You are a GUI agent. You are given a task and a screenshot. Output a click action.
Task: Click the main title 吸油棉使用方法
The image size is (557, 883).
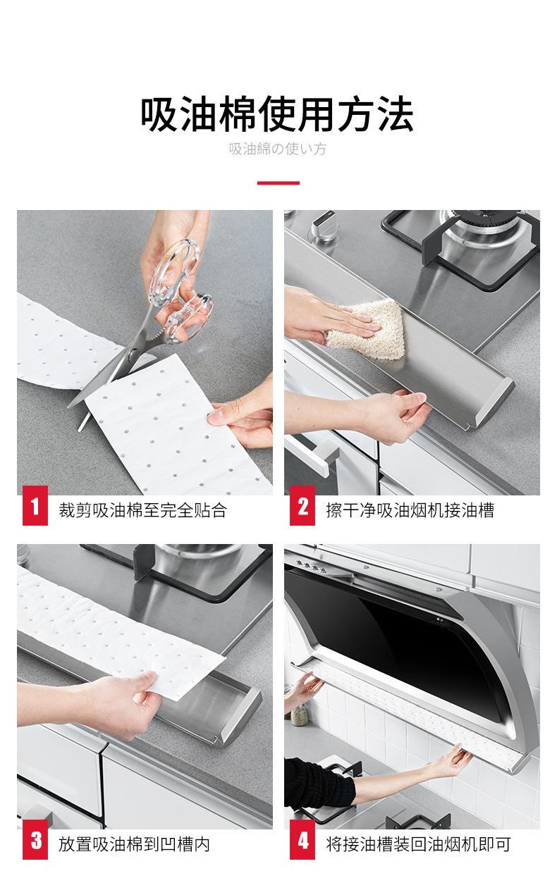tap(277, 114)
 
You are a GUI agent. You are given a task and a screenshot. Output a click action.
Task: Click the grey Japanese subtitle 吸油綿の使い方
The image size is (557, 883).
tap(278, 149)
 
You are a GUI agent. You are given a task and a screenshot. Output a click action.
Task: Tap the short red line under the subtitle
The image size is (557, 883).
tap(278, 183)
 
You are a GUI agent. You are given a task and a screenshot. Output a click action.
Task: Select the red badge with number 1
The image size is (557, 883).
tap(35, 505)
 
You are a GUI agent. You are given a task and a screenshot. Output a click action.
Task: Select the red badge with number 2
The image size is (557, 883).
tap(302, 505)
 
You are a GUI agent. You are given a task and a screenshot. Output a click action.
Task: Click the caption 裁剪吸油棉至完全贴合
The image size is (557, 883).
tap(143, 510)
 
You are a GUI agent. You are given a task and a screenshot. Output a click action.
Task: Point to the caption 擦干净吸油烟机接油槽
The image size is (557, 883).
tap(410, 510)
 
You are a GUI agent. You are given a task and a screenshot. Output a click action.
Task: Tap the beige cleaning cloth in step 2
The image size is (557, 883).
tap(367, 328)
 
